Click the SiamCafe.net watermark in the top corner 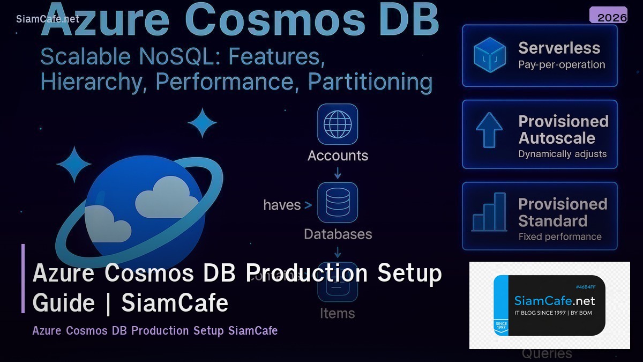click(48, 19)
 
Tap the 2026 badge click(612, 17)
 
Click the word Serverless click(559, 48)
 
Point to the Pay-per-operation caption click(562, 65)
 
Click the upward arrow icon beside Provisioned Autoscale click(489, 130)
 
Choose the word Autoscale click(557, 138)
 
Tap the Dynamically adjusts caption click(562, 154)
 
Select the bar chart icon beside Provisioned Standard click(489, 212)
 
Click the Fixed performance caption click(560, 237)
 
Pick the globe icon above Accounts click(338, 124)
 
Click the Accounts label click(338, 156)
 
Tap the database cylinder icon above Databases click(338, 203)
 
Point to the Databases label click(338, 234)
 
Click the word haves click(282, 205)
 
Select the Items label click(338, 313)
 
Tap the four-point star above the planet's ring click(202, 123)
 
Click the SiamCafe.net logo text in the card click(555, 301)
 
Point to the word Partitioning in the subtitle click(370, 82)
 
